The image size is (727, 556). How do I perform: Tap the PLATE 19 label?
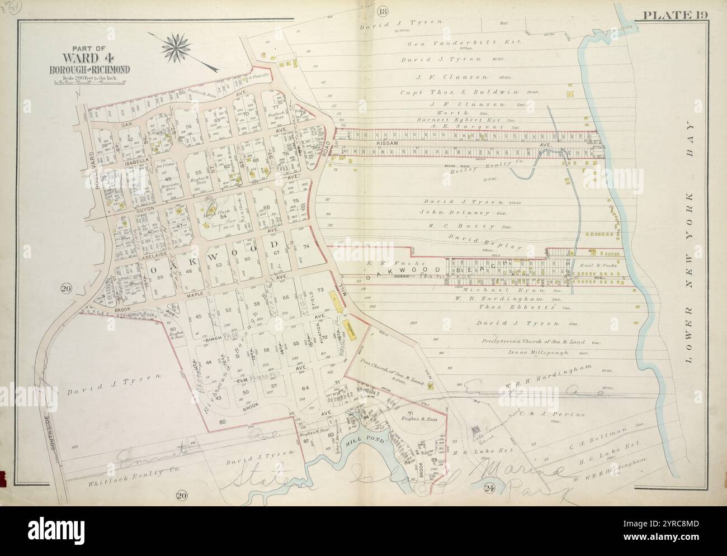pyautogui.click(x=676, y=15)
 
